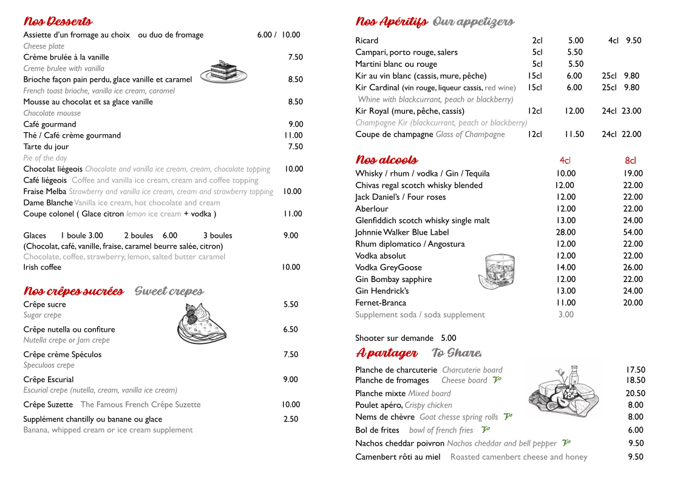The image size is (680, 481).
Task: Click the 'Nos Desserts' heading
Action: [58, 22]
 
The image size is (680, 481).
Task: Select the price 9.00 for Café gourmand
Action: [295, 124]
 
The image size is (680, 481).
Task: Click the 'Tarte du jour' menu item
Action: [46, 147]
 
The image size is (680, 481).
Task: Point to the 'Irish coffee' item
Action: [42, 267]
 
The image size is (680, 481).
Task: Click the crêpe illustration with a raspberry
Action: [201, 322]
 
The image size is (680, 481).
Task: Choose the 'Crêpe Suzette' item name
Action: [48, 405]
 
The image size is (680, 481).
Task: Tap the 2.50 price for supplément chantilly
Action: [291, 419]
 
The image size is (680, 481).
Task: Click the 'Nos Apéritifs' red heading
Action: [392, 22]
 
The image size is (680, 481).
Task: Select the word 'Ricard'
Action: [367, 41]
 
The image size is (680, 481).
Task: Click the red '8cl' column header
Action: [630, 161]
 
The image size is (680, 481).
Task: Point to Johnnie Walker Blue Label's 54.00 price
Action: [633, 232]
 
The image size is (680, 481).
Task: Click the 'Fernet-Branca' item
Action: [381, 303]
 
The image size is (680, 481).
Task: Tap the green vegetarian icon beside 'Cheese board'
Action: [497, 380]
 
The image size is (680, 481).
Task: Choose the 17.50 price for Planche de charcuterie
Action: [635, 370]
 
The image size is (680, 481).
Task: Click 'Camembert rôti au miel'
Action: [398, 457]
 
